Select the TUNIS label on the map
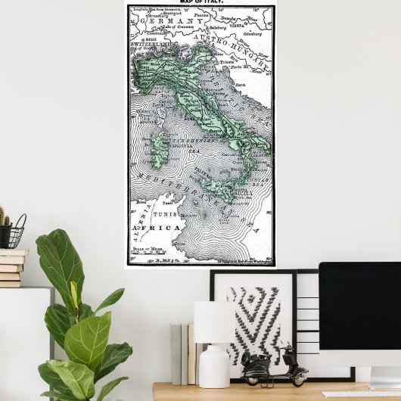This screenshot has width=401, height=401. click(168, 214)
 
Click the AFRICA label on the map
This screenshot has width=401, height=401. click(157, 228)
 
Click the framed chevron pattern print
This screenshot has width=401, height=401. click(253, 319)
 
